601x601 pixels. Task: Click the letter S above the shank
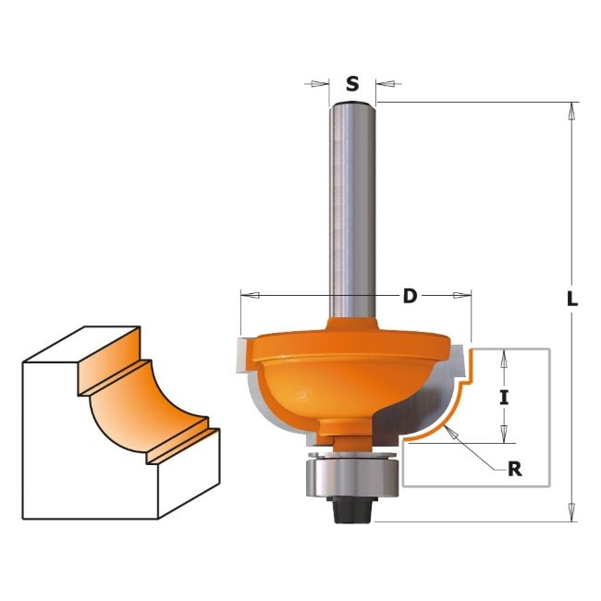(352, 83)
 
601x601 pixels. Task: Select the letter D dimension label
(410, 296)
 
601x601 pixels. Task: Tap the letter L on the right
(571, 299)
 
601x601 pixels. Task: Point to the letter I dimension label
(504, 398)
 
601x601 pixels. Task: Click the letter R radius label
(515, 469)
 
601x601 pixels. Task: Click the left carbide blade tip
(242, 354)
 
